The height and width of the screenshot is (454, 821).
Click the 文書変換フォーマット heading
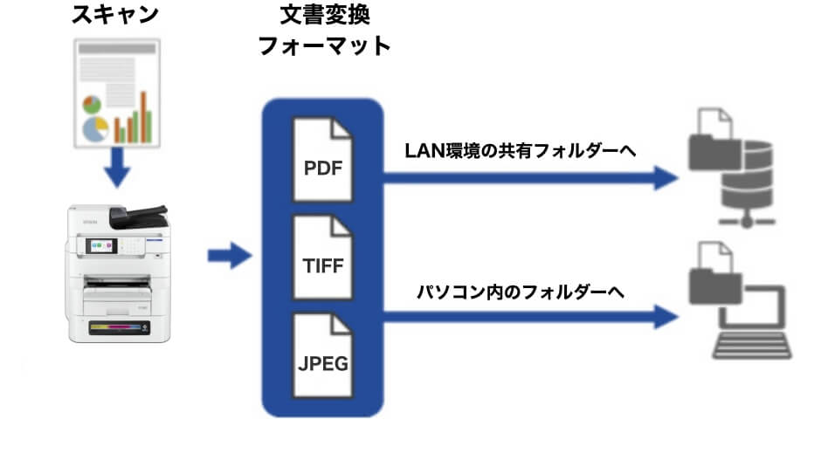point(323,31)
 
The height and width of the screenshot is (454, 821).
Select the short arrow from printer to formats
point(229,257)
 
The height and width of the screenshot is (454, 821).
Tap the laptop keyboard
point(752,346)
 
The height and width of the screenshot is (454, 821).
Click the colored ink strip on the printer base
point(115,329)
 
